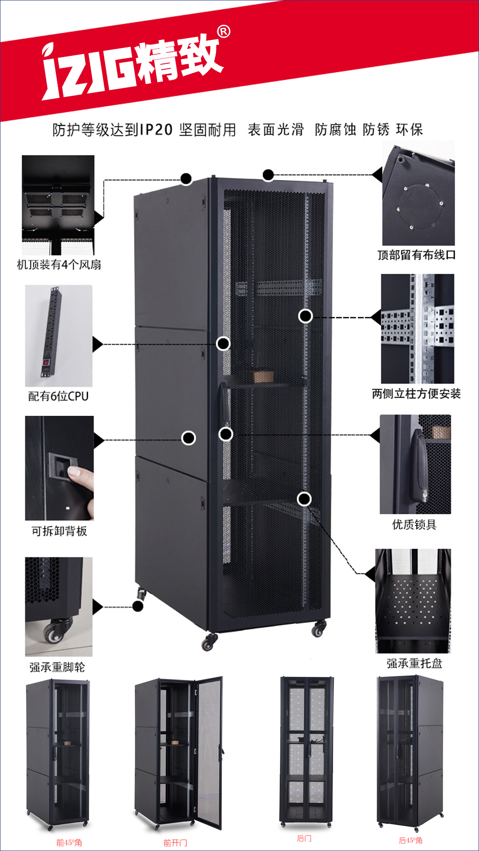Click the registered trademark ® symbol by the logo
click(224, 32)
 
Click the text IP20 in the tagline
click(156, 130)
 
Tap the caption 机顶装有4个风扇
click(59, 265)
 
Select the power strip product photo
click(59, 336)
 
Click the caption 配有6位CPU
click(59, 396)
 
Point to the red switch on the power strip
click(45, 362)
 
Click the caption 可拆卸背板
click(59, 531)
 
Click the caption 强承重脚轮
click(57, 667)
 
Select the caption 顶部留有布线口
click(416, 255)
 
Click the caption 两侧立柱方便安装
click(416, 394)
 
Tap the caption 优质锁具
click(414, 525)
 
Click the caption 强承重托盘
click(414, 664)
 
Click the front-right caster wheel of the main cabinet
click(319, 628)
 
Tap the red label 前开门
click(175, 843)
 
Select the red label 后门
click(304, 838)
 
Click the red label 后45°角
click(411, 840)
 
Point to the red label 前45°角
click(69, 843)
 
